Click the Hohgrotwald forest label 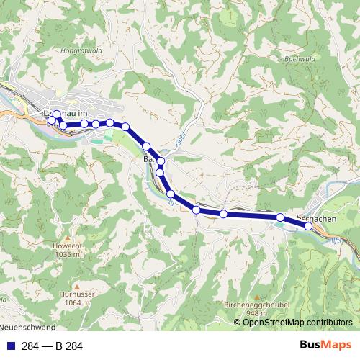(104, 51)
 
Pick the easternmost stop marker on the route (308, 226)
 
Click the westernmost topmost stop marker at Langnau (57, 114)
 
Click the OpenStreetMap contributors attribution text (297, 323)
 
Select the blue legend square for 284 (10, 346)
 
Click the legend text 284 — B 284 (53, 346)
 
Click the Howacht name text (67, 247)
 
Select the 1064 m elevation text (75, 303)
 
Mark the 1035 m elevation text (67, 255)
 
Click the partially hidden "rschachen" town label (315, 217)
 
